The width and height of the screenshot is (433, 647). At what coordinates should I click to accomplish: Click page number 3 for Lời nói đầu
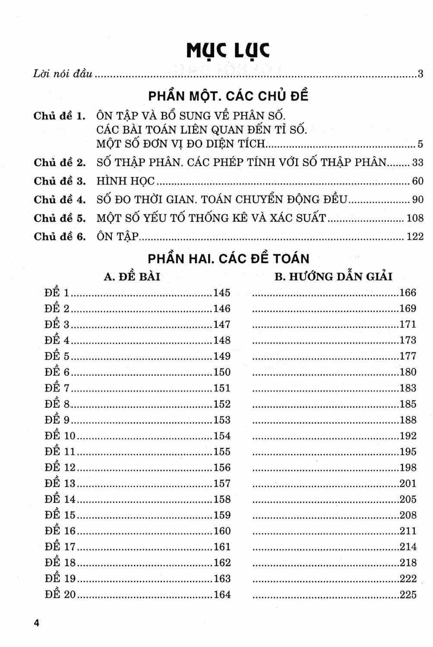[420, 74]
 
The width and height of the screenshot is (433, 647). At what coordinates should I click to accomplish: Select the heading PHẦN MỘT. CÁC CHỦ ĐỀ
[228, 95]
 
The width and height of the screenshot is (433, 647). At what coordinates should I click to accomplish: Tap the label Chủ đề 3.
[60, 181]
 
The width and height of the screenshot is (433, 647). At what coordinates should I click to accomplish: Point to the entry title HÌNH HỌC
[125, 181]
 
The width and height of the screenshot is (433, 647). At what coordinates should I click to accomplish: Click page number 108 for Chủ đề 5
[415, 218]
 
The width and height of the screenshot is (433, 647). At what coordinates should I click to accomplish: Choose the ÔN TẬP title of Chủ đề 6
[117, 236]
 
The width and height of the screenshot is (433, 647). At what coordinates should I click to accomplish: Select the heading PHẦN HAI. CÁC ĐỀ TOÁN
[228, 258]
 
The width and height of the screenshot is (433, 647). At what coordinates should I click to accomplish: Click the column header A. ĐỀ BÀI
[132, 276]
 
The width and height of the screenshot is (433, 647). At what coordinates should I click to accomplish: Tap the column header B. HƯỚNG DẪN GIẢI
[333, 276]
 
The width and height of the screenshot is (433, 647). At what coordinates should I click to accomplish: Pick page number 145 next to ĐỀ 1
[222, 292]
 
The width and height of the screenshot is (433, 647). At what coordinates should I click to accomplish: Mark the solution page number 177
[408, 356]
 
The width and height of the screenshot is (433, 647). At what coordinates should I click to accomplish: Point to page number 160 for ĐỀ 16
[222, 531]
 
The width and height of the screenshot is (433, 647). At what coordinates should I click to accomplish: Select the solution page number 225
[408, 594]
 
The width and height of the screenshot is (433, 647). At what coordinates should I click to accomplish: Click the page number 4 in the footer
[36, 623]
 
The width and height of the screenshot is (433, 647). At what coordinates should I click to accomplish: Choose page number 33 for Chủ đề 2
[417, 163]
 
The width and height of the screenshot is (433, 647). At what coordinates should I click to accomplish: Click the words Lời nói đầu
[63, 74]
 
